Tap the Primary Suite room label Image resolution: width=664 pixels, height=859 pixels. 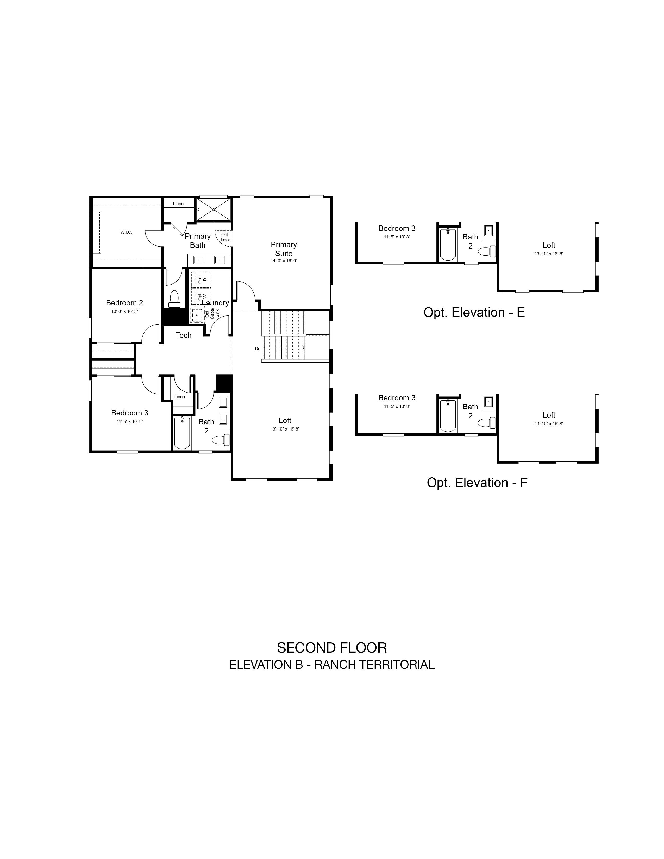point(284,249)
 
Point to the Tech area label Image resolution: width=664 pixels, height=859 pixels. point(183,335)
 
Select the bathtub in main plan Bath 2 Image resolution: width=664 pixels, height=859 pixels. point(182,432)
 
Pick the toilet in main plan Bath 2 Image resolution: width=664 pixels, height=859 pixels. point(221,440)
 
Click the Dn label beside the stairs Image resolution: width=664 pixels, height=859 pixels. point(258,349)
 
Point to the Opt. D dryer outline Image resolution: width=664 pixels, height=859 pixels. point(201,280)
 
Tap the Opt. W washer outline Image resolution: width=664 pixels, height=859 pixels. point(201,296)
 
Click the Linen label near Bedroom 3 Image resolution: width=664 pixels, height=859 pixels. point(179,396)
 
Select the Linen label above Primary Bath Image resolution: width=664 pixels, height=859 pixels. point(178,204)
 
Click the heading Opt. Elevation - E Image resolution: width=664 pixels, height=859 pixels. point(474,312)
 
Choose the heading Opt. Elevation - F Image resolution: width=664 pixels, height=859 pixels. point(477,483)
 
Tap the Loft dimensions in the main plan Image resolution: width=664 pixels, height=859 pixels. point(285,429)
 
